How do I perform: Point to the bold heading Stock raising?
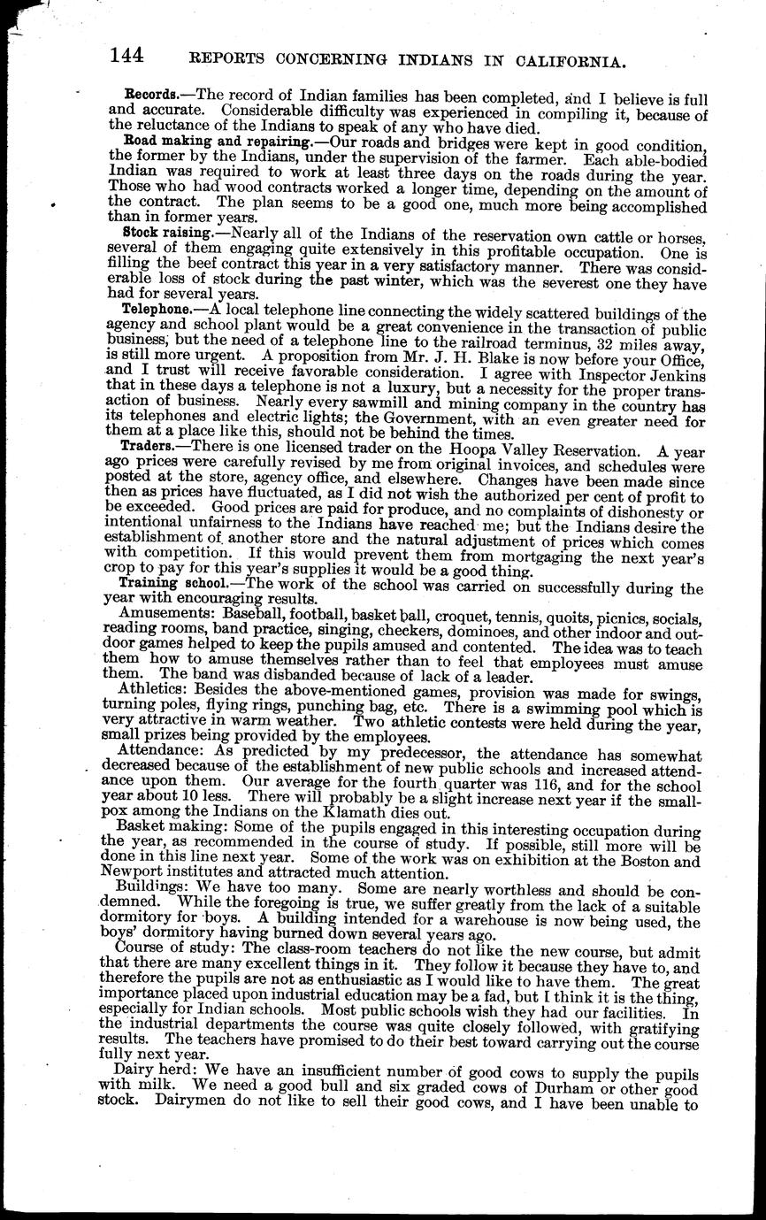tap(167, 232)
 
